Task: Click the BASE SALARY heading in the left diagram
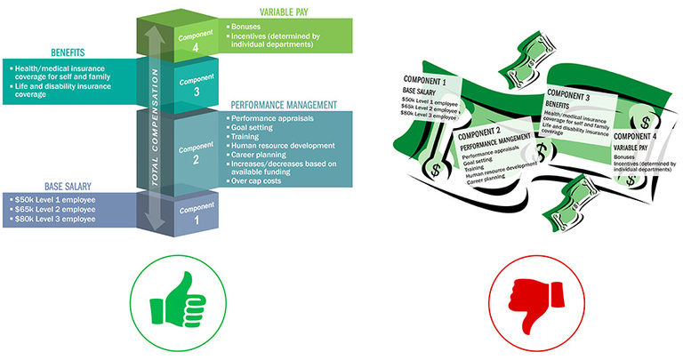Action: pyautogui.click(x=46, y=186)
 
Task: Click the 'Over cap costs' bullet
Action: pyautogui.click(x=259, y=180)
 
